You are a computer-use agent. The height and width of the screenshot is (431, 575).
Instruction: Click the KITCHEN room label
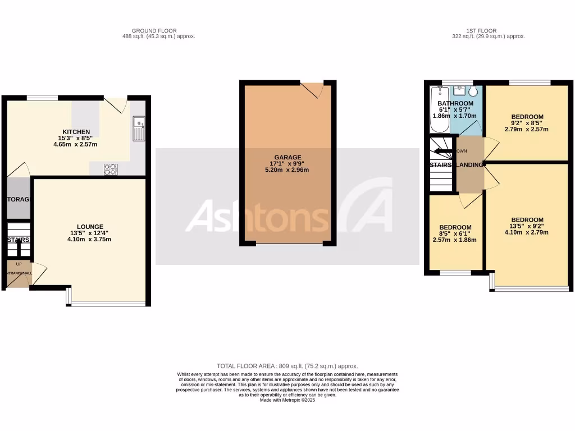pyautogui.click(x=76, y=132)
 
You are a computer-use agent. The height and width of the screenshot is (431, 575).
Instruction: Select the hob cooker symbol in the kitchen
pyautogui.click(x=110, y=168)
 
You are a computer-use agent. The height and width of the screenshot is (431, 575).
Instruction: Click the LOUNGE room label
pyautogui.click(x=90, y=227)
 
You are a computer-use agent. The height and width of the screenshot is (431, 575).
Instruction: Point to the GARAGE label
pyautogui.click(x=287, y=157)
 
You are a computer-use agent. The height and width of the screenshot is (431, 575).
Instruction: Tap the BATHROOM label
pyautogui.click(x=455, y=103)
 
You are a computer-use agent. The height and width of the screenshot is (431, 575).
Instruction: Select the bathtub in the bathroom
pyautogui.click(x=436, y=109)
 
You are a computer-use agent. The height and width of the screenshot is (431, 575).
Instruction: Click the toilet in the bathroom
pyautogui.click(x=473, y=91)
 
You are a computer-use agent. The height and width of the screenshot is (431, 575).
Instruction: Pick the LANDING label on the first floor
pyautogui.click(x=469, y=165)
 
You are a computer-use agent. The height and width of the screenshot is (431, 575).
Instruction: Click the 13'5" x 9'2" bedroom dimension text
pyautogui.click(x=527, y=226)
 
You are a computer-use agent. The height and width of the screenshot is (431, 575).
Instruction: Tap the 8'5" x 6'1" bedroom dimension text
pyautogui.click(x=455, y=233)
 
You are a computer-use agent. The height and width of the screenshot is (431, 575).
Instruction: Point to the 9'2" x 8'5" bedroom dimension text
pyautogui.click(x=527, y=123)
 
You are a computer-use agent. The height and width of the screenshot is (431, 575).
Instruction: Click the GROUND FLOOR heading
pyautogui.click(x=154, y=30)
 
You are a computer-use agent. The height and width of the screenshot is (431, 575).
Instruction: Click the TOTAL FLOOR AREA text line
pyautogui.click(x=287, y=366)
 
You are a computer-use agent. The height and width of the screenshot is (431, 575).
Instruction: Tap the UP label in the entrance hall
pyautogui.click(x=19, y=263)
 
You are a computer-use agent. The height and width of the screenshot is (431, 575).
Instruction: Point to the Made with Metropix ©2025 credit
pyautogui.click(x=287, y=400)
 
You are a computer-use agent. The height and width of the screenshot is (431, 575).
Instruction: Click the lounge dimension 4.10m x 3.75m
pyautogui.click(x=90, y=239)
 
